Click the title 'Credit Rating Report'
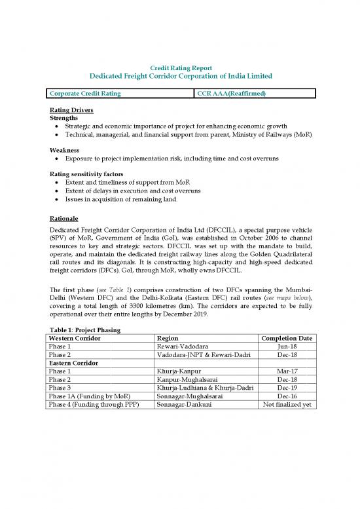click(181, 67)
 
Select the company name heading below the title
click(181, 77)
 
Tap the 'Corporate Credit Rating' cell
click(83, 94)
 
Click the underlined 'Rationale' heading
click(65, 217)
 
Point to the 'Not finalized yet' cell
click(287, 405)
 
